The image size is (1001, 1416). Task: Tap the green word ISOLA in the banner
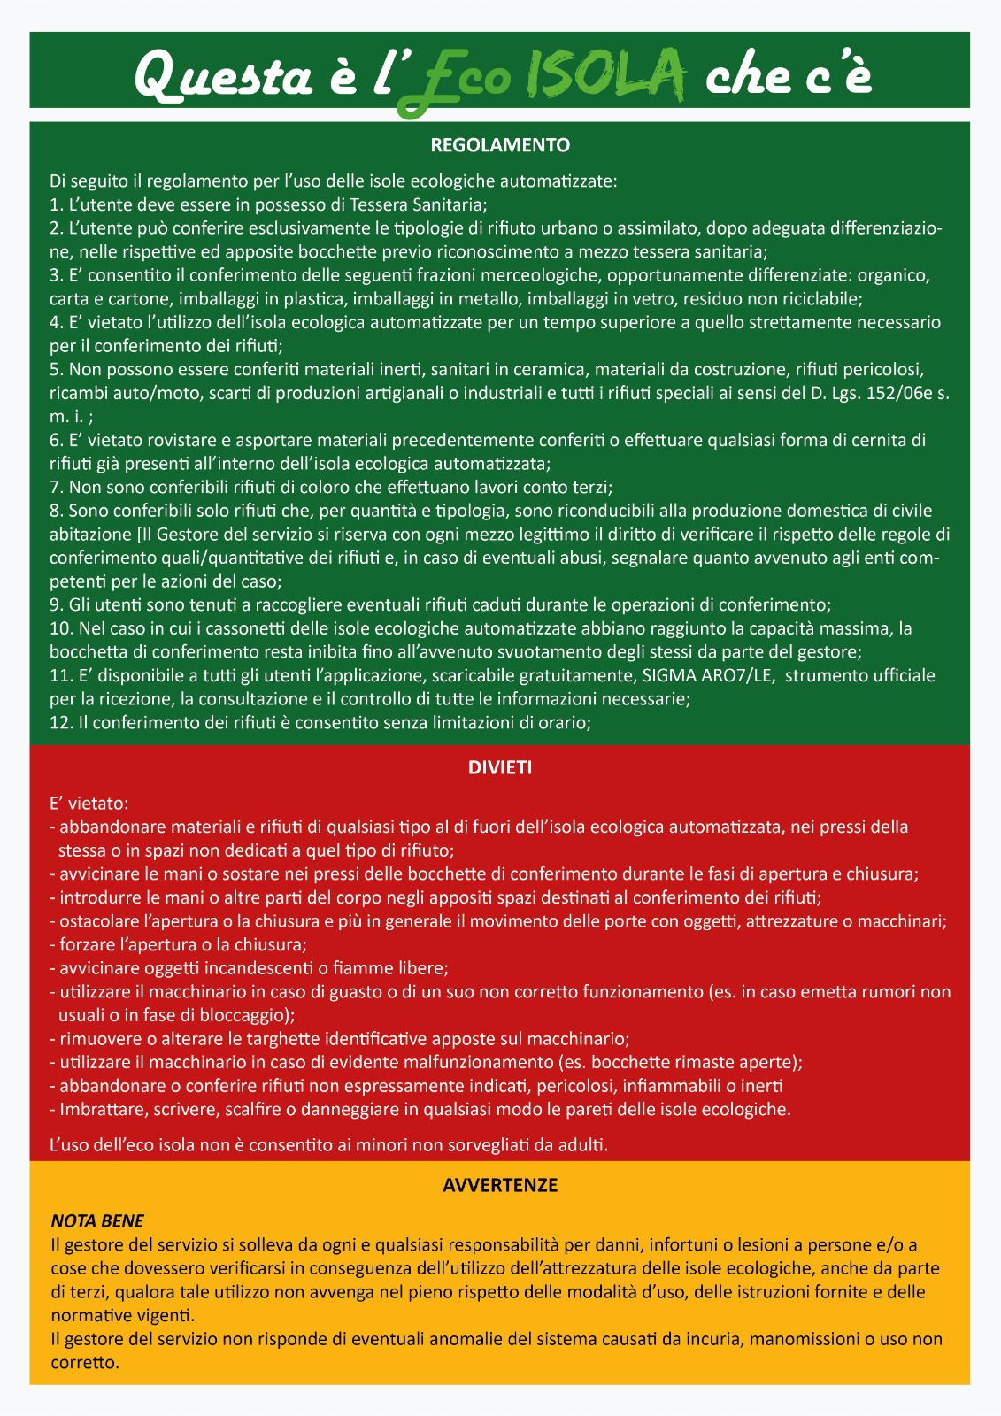pyautogui.click(x=605, y=74)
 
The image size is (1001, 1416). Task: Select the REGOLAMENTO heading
pyautogui.click(x=500, y=145)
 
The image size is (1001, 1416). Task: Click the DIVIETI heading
pyautogui.click(x=500, y=768)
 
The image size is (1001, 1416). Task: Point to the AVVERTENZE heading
pyautogui.click(x=500, y=1185)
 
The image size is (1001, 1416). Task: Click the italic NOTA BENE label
pyautogui.click(x=97, y=1221)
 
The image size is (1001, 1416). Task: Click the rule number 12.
pyautogui.click(x=59, y=723)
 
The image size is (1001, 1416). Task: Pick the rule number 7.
pyautogui.click(x=55, y=487)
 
